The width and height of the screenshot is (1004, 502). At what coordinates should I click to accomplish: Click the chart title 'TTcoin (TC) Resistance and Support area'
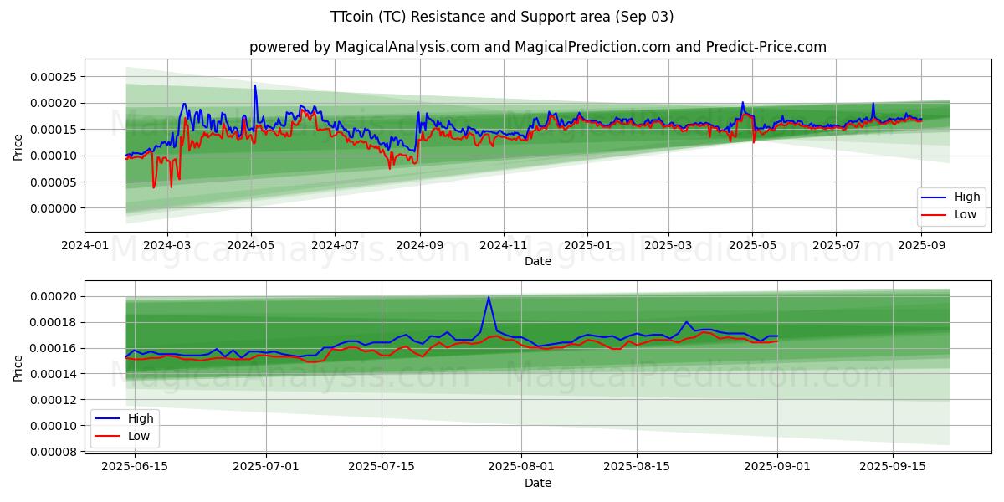coord(501,17)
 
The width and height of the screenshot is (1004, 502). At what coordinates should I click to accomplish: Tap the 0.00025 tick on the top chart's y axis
coord(53,77)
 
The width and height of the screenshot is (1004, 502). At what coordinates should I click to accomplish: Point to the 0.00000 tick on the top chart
coord(53,208)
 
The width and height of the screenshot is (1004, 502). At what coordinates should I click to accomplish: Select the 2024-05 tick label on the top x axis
coord(251,245)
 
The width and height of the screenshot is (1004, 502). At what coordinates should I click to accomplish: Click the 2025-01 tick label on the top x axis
coord(587,245)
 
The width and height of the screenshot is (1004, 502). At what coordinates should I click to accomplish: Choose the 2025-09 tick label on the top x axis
coord(921,245)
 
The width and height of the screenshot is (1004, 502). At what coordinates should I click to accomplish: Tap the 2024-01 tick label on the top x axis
coord(85,245)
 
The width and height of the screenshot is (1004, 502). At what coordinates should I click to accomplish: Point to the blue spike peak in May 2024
coord(255,85)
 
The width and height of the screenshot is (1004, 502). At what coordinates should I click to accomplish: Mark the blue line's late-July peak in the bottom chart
coord(489,297)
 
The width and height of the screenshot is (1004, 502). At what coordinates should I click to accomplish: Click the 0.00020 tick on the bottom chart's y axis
coord(53,297)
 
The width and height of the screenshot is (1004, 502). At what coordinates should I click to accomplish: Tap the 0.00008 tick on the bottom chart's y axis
coord(53,452)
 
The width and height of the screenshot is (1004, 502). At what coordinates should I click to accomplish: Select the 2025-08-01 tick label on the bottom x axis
coord(521,466)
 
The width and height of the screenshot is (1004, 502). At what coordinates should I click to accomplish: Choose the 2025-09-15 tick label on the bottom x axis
coord(893,466)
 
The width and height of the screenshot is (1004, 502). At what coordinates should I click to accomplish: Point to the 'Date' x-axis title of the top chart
coord(537,261)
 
